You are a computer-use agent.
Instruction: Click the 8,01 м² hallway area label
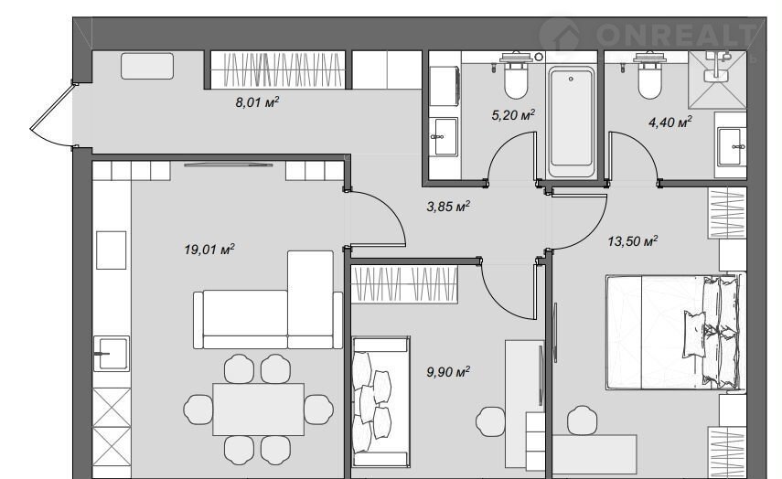coord(257,102)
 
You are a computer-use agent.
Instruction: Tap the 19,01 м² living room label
coord(209,249)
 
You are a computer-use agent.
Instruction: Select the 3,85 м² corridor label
coord(448,206)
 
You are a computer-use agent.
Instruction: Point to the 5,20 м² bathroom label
coord(513,115)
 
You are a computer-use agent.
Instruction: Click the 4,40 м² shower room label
coord(670,122)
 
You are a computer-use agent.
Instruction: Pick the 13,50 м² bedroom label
coord(632,241)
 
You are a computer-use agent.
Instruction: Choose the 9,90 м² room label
coord(448,372)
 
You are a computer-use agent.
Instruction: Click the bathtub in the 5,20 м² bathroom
coord(572,122)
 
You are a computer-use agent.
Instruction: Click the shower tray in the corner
coord(717,80)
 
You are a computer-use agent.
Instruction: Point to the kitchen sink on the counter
coord(112,354)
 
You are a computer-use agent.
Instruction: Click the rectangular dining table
coord(258,410)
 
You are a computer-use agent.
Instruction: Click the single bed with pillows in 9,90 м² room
coord(381,402)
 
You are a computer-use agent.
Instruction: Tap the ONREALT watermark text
coord(676,36)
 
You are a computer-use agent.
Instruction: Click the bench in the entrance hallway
coord(147,67)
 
